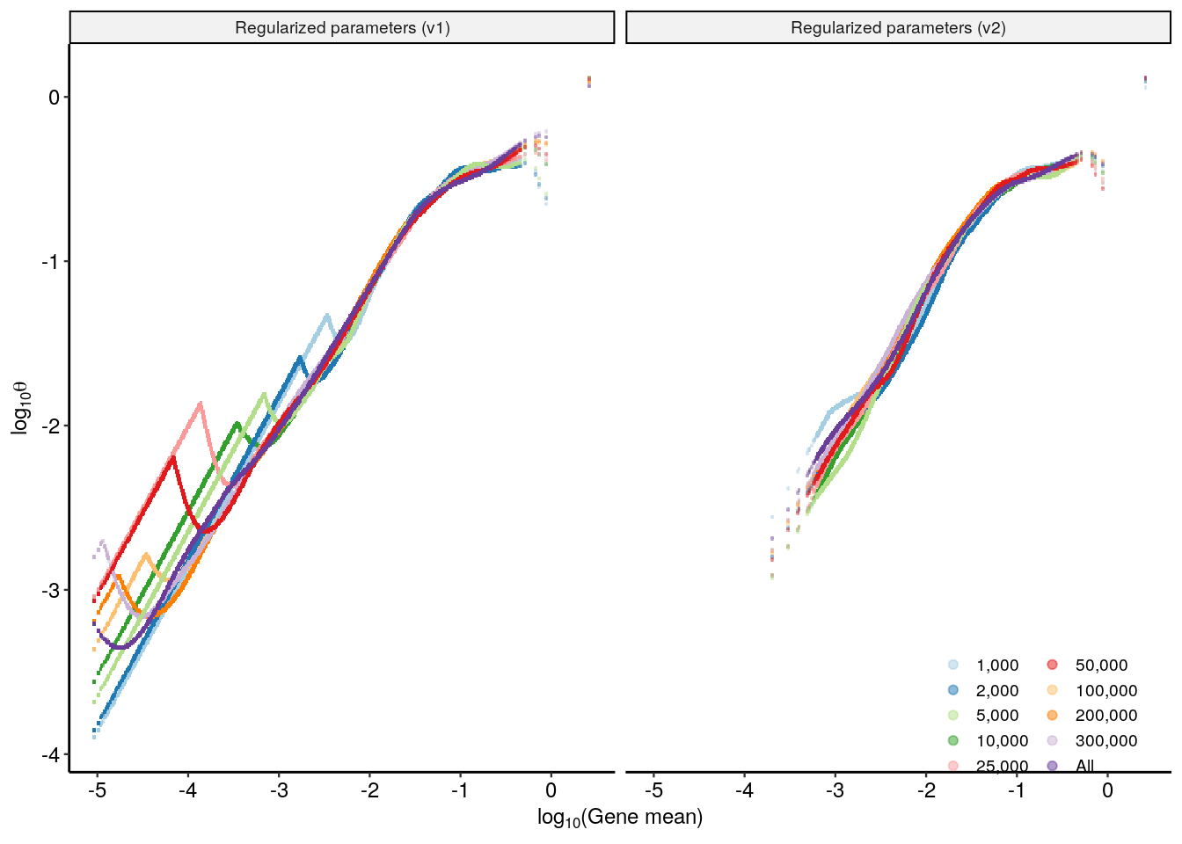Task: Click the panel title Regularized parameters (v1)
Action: tap(342, 28)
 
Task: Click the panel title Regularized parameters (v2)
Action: tap(898, 28)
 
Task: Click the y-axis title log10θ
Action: tap(20, 407)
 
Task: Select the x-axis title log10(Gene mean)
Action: tap(620, 818)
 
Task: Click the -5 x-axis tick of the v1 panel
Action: tap(97, 789)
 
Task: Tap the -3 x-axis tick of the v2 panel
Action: tap(835, 789)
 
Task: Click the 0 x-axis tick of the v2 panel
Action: tap(1107, 789)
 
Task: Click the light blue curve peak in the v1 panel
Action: tap(327, 315)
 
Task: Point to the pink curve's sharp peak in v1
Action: tap(201, 403)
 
